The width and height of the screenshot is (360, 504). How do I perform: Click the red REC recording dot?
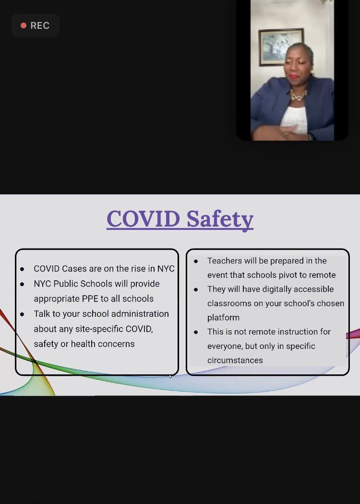pyautogui.click(x=23, y=25)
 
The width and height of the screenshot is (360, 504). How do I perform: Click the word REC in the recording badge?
pyautogui.click(x=40, y=25)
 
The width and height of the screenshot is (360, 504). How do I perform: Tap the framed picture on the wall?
pyautogui.click(x=281, y=47)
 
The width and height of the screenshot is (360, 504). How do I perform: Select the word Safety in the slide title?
pyautogui.click(x=219, y=219)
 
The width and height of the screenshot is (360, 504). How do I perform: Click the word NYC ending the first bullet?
pyautogui.click(x=166, y=269)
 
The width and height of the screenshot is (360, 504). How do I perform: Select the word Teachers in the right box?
pyautogui.click(x=224, y=261)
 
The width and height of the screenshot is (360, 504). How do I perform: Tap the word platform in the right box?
pyautogui.click(x=223, y=317)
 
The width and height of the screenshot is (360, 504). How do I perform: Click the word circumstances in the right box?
pyautogui.click(x=235, y=360)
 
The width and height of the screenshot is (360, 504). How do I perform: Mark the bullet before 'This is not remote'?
pyautogui.click(x=196, y=332)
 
